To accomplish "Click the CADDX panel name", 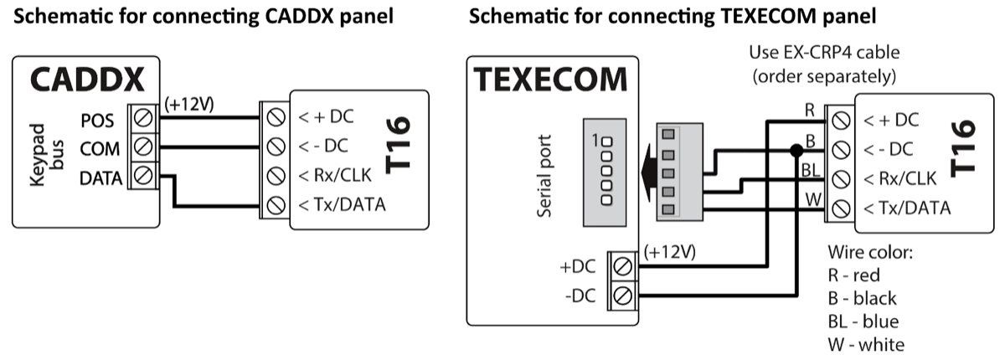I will tap(85, 81).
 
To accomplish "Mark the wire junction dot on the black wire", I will tap(794, 151).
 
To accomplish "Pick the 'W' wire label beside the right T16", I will tap(811, 198).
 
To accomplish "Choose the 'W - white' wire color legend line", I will tap(866, 344).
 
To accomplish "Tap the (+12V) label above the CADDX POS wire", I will tap(188, 105).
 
